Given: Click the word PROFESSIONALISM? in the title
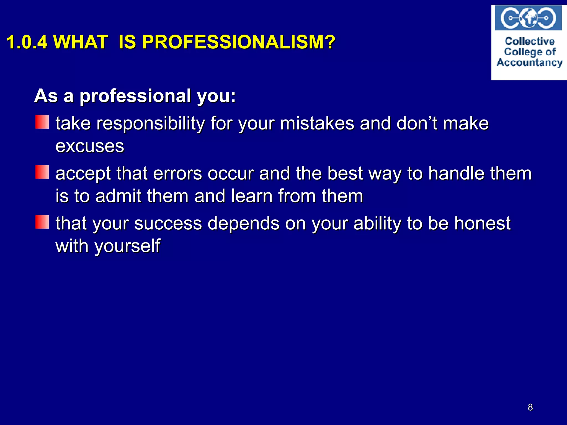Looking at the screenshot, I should [238, 42].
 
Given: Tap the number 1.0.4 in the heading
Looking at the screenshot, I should [27, 42].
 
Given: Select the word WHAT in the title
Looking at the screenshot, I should [80, 42].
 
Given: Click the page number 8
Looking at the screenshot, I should [530, 407].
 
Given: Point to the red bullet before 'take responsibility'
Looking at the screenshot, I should [42, 122].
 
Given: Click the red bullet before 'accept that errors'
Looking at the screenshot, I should [42, 172].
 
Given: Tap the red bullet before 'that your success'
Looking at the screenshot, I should [42, 222].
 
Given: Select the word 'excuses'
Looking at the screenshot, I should [90, 146].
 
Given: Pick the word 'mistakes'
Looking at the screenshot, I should [317, 123].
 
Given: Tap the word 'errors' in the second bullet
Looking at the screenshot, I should [177, 173].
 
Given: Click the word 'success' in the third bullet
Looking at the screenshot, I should [168, 223].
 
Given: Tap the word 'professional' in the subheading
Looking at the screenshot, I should [135, 96].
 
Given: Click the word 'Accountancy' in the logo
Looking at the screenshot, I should [529, 63].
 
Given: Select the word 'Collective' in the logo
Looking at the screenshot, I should [530, 41].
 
